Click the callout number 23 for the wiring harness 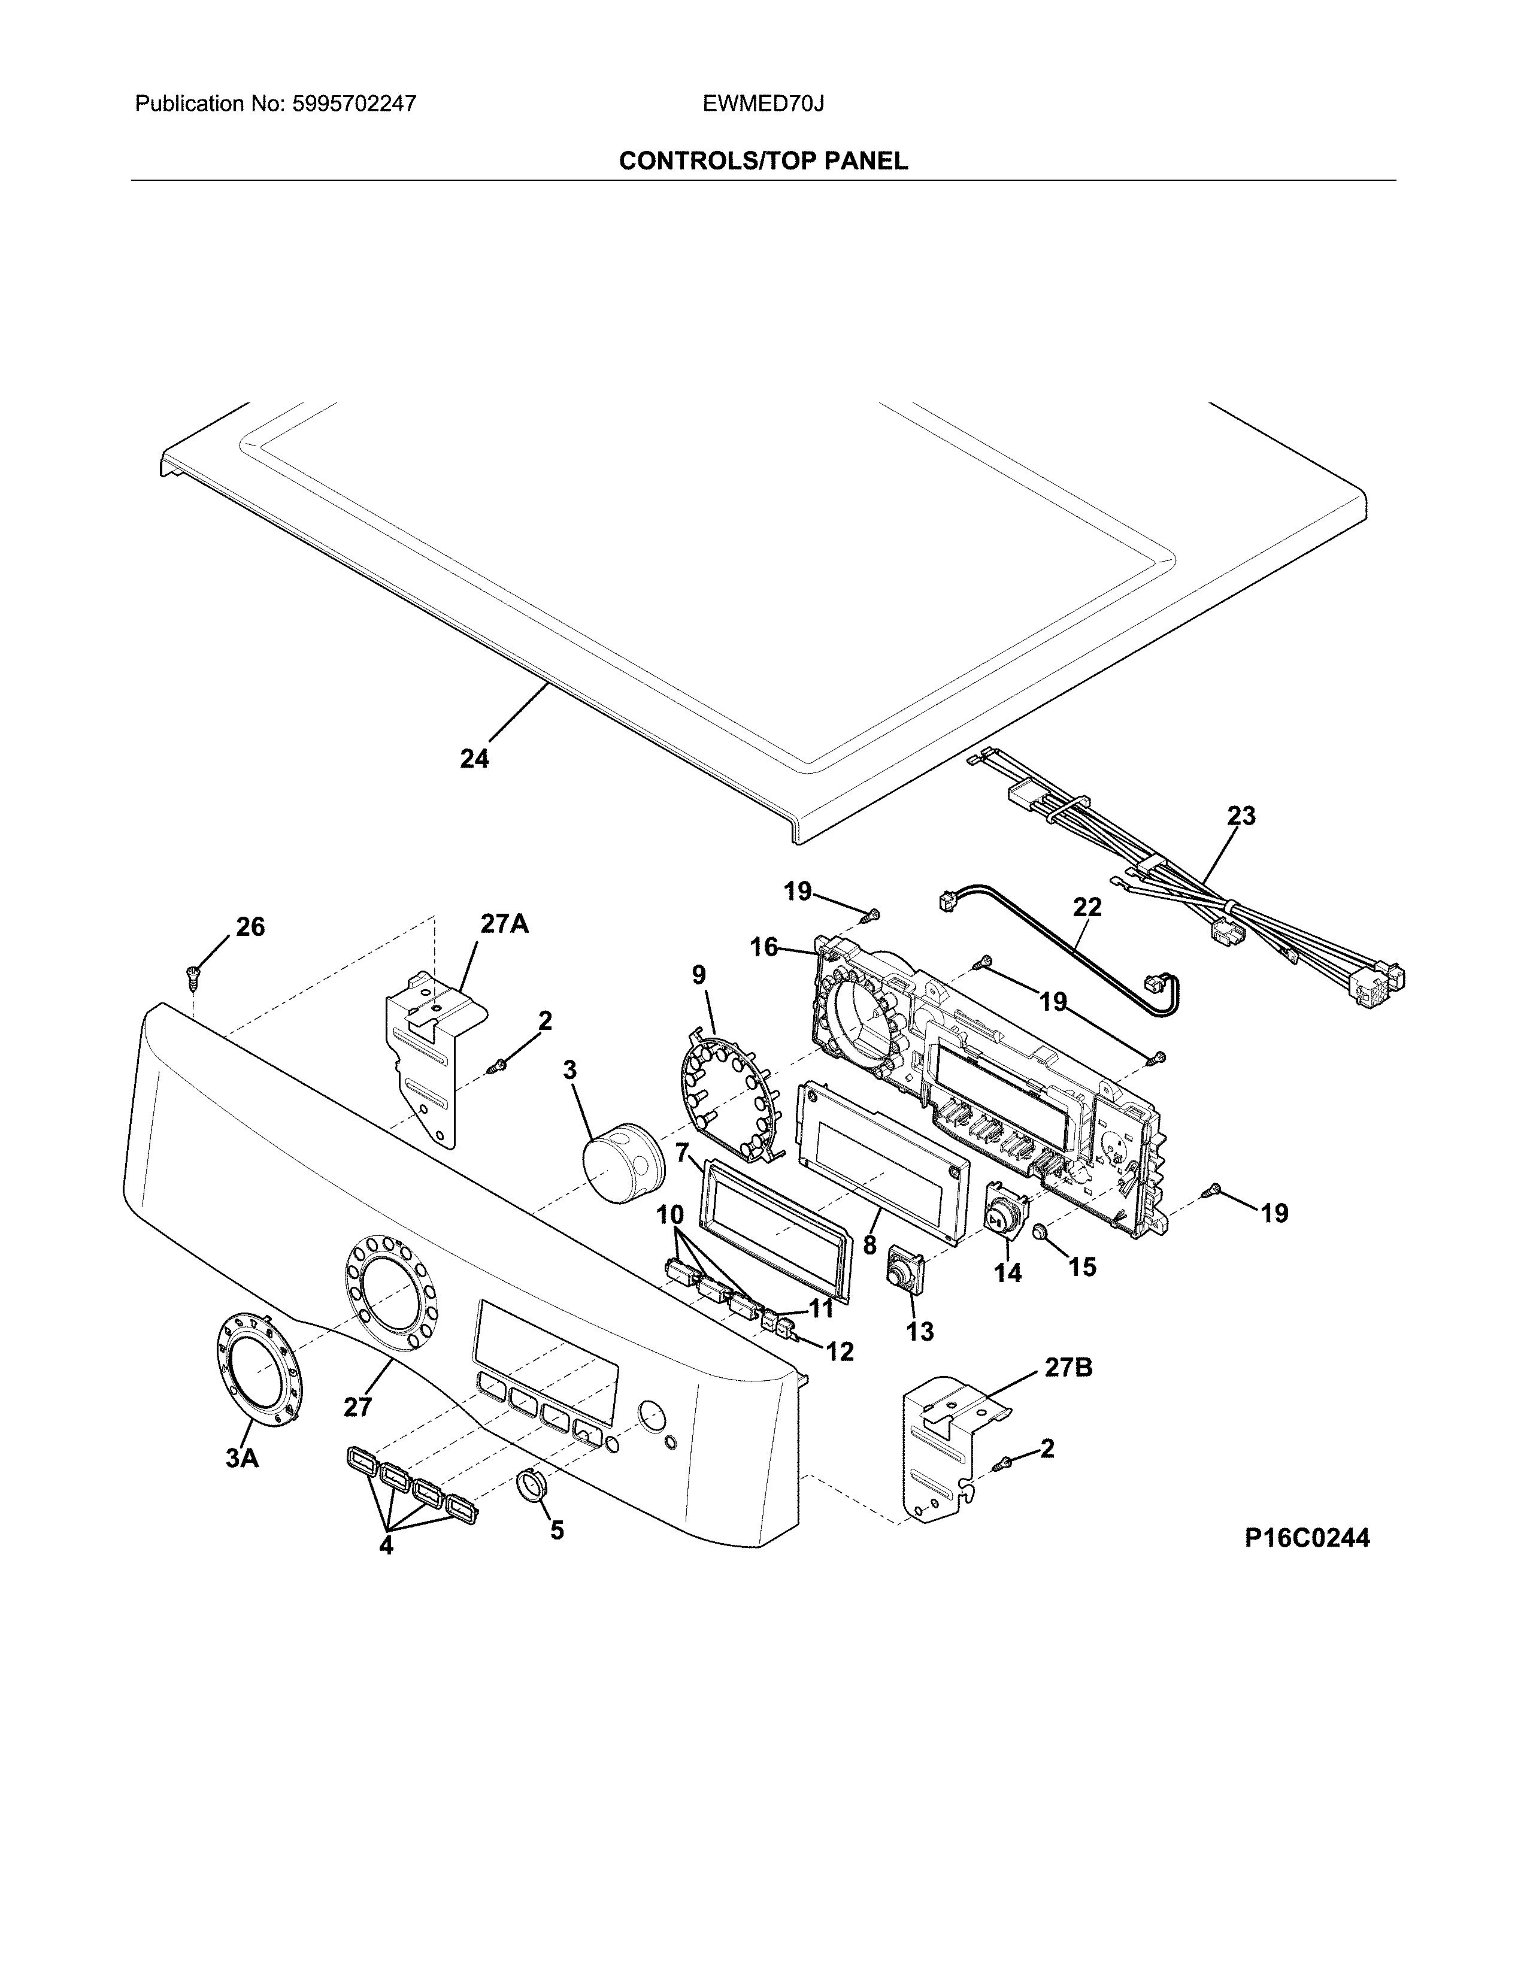click(x=1241, y=816)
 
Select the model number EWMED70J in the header click(x=762, y=104)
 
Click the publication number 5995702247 click(x=354, y=104)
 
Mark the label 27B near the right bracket click(x=1068, y=1368)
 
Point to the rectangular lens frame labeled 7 click(x=774, y=1231)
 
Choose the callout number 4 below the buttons click(x=386, y=1546)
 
